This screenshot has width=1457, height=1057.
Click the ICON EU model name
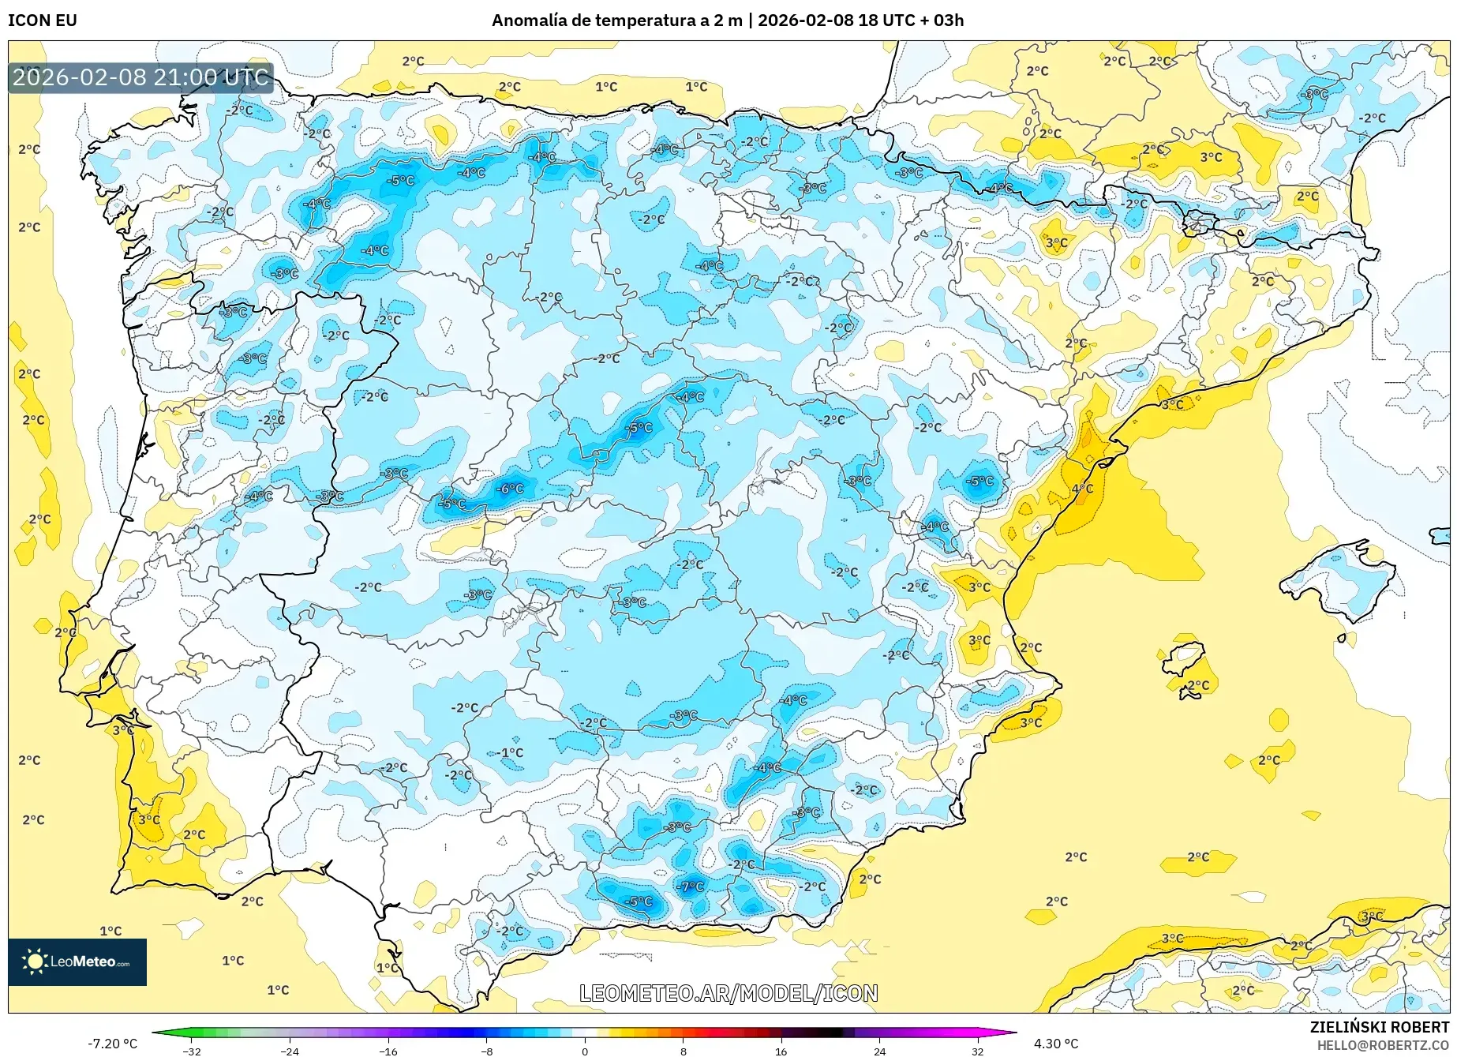(43, 21)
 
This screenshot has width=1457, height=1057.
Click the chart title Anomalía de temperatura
(616, 21)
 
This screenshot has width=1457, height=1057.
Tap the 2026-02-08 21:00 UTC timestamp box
(140, 77)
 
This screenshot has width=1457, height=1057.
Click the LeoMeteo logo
(77, 961)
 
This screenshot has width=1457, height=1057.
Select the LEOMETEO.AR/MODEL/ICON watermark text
(728, 993)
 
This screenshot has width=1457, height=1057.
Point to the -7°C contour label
(691, 886)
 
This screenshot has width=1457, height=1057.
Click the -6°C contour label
(510, 489)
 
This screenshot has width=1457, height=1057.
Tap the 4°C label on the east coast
(1082, 489)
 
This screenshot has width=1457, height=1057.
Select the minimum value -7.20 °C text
(113, 1044)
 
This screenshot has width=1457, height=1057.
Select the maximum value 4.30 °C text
(1056, 1044)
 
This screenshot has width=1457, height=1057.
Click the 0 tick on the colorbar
(585, 1051)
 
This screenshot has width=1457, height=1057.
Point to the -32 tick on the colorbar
(192, 1051)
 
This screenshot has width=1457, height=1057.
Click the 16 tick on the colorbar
(781, 1051)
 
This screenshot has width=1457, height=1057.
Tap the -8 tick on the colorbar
(487, 1051)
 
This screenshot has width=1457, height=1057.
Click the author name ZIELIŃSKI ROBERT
(1379, 1028)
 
